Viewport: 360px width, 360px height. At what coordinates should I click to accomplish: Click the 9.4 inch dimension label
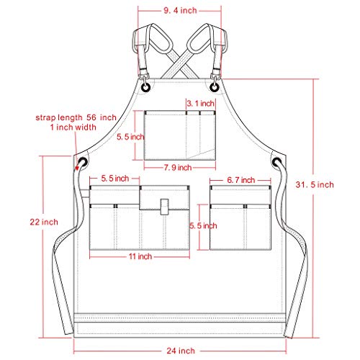pyautogui.click(x=179, y=11)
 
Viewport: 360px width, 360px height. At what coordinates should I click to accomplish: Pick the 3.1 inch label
pyautogui.click(x=201, y=104)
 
